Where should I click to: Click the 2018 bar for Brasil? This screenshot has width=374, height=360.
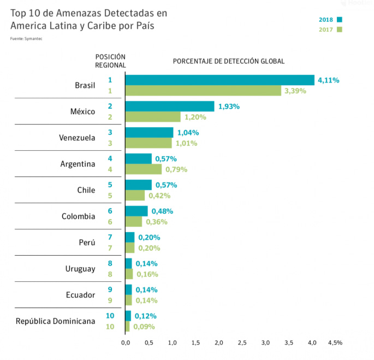click(x=220, y=80)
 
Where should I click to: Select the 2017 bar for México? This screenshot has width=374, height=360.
click(x=153, y=117)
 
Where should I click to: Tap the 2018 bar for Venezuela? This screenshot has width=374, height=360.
click(x=149, y=133)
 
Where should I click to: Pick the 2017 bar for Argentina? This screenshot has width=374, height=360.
click(x=144, y=169)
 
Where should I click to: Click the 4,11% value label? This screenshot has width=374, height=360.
click(x=328, y=80)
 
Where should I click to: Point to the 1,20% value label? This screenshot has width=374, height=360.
click(x=194, y=117)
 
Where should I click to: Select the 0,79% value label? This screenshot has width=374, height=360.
click(x=176, y=169)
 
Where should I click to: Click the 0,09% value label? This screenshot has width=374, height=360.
click(x=144, y=327)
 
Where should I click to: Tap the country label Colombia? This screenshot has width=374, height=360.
click(x=79, y=216)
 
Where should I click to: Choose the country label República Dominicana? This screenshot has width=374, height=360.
click(x=55, y=321)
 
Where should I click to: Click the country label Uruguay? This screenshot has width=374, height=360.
click(x=80, y=269)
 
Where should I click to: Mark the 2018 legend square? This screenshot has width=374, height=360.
click(x=340, y=20)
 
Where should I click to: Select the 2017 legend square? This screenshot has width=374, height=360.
click(x=340, y=29)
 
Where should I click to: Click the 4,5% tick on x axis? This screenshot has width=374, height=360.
click(x=335, y=343)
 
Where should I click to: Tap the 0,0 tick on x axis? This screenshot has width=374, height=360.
click(x=126, y=343)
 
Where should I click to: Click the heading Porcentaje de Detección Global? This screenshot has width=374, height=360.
click(x=229, y=61)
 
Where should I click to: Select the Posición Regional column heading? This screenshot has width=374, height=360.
click(x=110, y=61)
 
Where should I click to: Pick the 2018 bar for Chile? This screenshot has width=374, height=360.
click(x=139, y=185)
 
